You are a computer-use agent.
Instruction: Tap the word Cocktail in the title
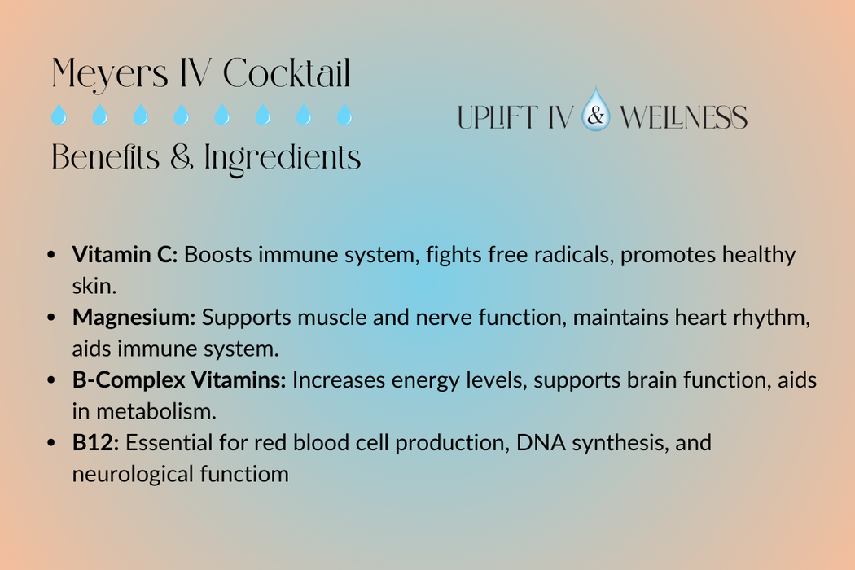click(287, 74)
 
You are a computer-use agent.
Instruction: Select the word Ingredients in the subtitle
click(283, 157)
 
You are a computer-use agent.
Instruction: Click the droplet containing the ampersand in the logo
click(596, 112)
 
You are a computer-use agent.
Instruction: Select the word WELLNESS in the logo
click(683, 118)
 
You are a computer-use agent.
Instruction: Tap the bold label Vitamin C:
click(125, 255)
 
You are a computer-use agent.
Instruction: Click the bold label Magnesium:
click(134, 318)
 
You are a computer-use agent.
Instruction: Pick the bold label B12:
click(96, 443)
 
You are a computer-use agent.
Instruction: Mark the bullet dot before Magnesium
click(52, 318)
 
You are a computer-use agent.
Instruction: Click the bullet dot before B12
click(52, 444)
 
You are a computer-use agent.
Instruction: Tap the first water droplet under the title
click(59, 116)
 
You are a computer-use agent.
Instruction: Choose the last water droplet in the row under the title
click(344, 116)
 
